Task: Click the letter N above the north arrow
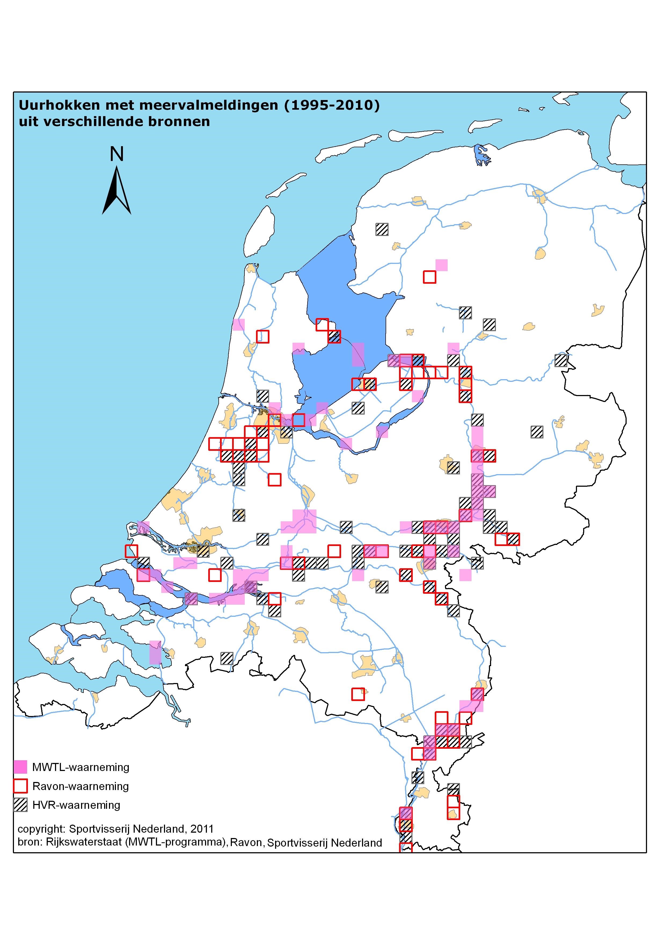tap(117, 154)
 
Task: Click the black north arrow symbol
tap(117, 191)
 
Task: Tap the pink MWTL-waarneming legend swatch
tap(20, 767)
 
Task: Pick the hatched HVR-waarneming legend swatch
tap(20, 805)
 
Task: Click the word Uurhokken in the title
tap(59, 105)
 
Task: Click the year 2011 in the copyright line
tap(202, 829)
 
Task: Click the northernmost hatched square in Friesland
tap(382, 229)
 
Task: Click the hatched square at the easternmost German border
tap(561, 360)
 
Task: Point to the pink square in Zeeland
tap(155, 652)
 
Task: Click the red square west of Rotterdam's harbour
tap(131, 551)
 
